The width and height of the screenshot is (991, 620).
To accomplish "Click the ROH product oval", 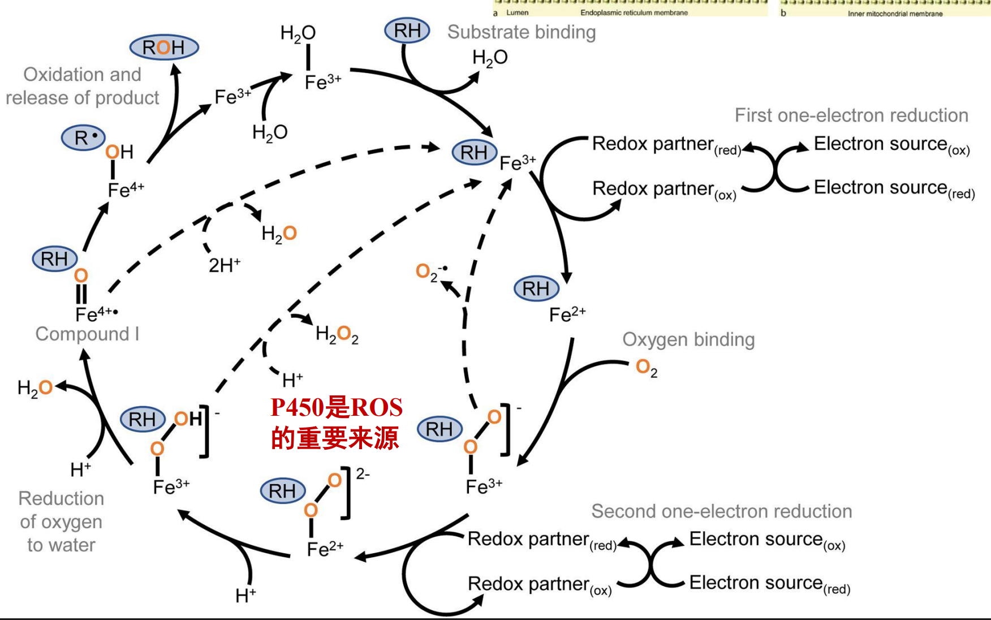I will point(164,48).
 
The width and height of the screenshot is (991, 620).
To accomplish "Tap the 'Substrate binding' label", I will point(521,32).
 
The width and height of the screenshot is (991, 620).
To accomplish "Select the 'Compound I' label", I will point(87,334).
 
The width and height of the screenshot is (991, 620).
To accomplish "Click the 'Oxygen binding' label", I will point(688,339).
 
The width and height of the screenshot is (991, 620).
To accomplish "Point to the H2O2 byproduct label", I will point(337,335).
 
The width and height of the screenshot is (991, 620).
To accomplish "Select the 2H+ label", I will point(225,265).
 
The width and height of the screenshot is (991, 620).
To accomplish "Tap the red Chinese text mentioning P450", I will point(336,423).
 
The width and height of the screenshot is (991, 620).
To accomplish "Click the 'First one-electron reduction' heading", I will point(851,115).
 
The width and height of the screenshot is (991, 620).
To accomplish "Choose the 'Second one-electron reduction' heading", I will point(721,511).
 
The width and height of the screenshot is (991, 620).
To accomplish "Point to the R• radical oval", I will point(84,137).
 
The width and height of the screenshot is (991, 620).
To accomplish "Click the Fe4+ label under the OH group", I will point(126,190).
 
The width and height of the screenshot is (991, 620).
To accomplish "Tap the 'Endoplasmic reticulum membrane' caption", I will point(634,12).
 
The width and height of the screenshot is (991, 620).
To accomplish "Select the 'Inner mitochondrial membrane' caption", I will point(895,14).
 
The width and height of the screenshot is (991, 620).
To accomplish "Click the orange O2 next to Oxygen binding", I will point(646,368).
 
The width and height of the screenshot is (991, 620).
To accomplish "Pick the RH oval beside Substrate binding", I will point(407,31).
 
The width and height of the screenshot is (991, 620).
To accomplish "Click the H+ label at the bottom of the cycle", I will point(245,595).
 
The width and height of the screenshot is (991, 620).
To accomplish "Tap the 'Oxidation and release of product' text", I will point(83,86).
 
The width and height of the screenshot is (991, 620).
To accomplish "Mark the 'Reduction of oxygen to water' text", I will point(61,522).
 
